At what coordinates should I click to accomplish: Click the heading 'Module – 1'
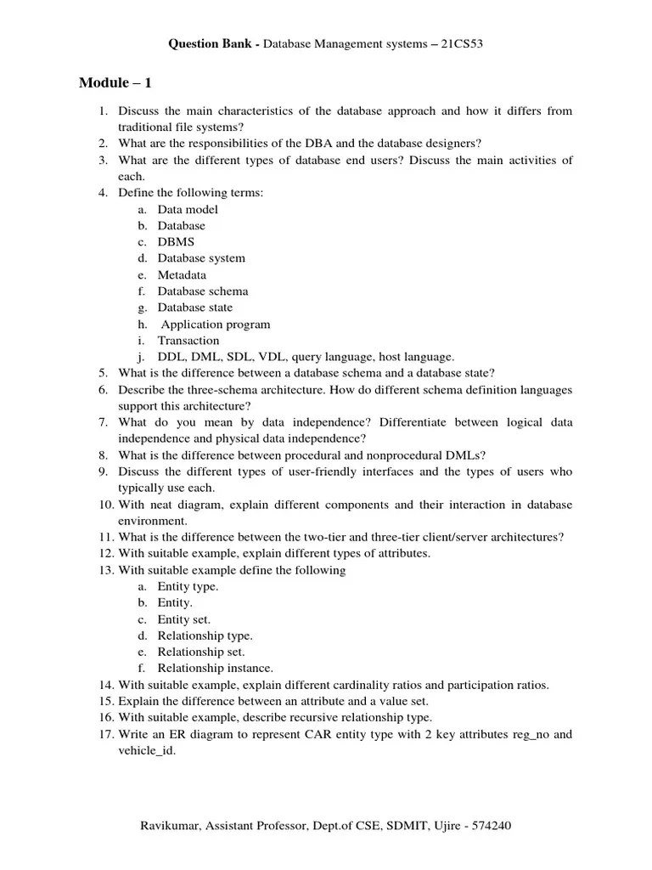click(115, 82)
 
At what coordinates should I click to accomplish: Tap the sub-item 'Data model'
click(188, 209)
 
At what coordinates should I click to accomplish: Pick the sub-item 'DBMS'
click(176, 242)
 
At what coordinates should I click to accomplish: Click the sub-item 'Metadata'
click(182, 275)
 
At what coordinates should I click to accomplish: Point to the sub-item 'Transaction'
click(188, 341)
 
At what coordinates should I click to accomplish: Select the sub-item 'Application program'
click(216, 324)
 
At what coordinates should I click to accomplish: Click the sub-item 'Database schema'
click(203, 291)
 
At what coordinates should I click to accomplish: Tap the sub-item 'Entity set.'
click(184, 619)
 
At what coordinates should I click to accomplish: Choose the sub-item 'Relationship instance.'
click(216, 669)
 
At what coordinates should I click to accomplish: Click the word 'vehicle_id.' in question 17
click(147, 751)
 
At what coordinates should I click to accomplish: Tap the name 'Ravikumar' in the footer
click(168, 826)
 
